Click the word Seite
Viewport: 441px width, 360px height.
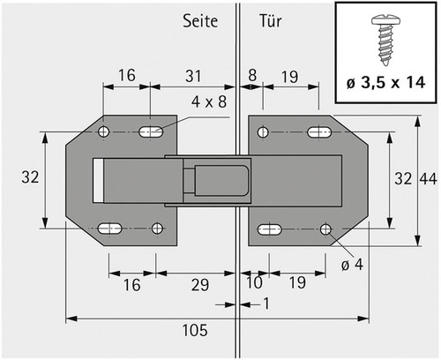tap(200, 21)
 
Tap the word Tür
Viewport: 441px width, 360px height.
tap(270, 20)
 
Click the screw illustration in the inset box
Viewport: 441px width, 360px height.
tap(385, 41)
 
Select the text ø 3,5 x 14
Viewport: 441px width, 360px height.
tap(385, 83)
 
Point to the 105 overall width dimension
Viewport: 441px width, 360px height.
tap(195, 330)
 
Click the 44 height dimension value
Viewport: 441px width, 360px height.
tap(428, 178)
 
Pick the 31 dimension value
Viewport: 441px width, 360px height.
tap(193, 76)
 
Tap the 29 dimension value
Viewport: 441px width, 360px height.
tap(200, 285)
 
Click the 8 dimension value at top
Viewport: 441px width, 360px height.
tap(252, 75)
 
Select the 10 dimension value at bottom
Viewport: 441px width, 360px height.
tap(254, 282)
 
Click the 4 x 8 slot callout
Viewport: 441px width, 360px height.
tap(209, 102)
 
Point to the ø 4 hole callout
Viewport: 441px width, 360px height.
tap(352, 265)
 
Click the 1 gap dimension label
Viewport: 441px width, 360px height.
tap(266, 304)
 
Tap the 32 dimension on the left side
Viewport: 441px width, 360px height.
tap(30, 177)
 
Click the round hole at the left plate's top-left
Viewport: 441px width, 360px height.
tap(103, 131)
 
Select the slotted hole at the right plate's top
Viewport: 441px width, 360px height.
tap(319, 132)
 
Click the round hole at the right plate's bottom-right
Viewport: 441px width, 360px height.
tap(325, 229)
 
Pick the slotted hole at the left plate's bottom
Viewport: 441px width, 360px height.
tap(109, 229)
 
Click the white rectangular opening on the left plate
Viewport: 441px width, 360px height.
tap(98, 181)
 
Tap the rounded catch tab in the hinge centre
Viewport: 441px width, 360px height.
tap(221, 181)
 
